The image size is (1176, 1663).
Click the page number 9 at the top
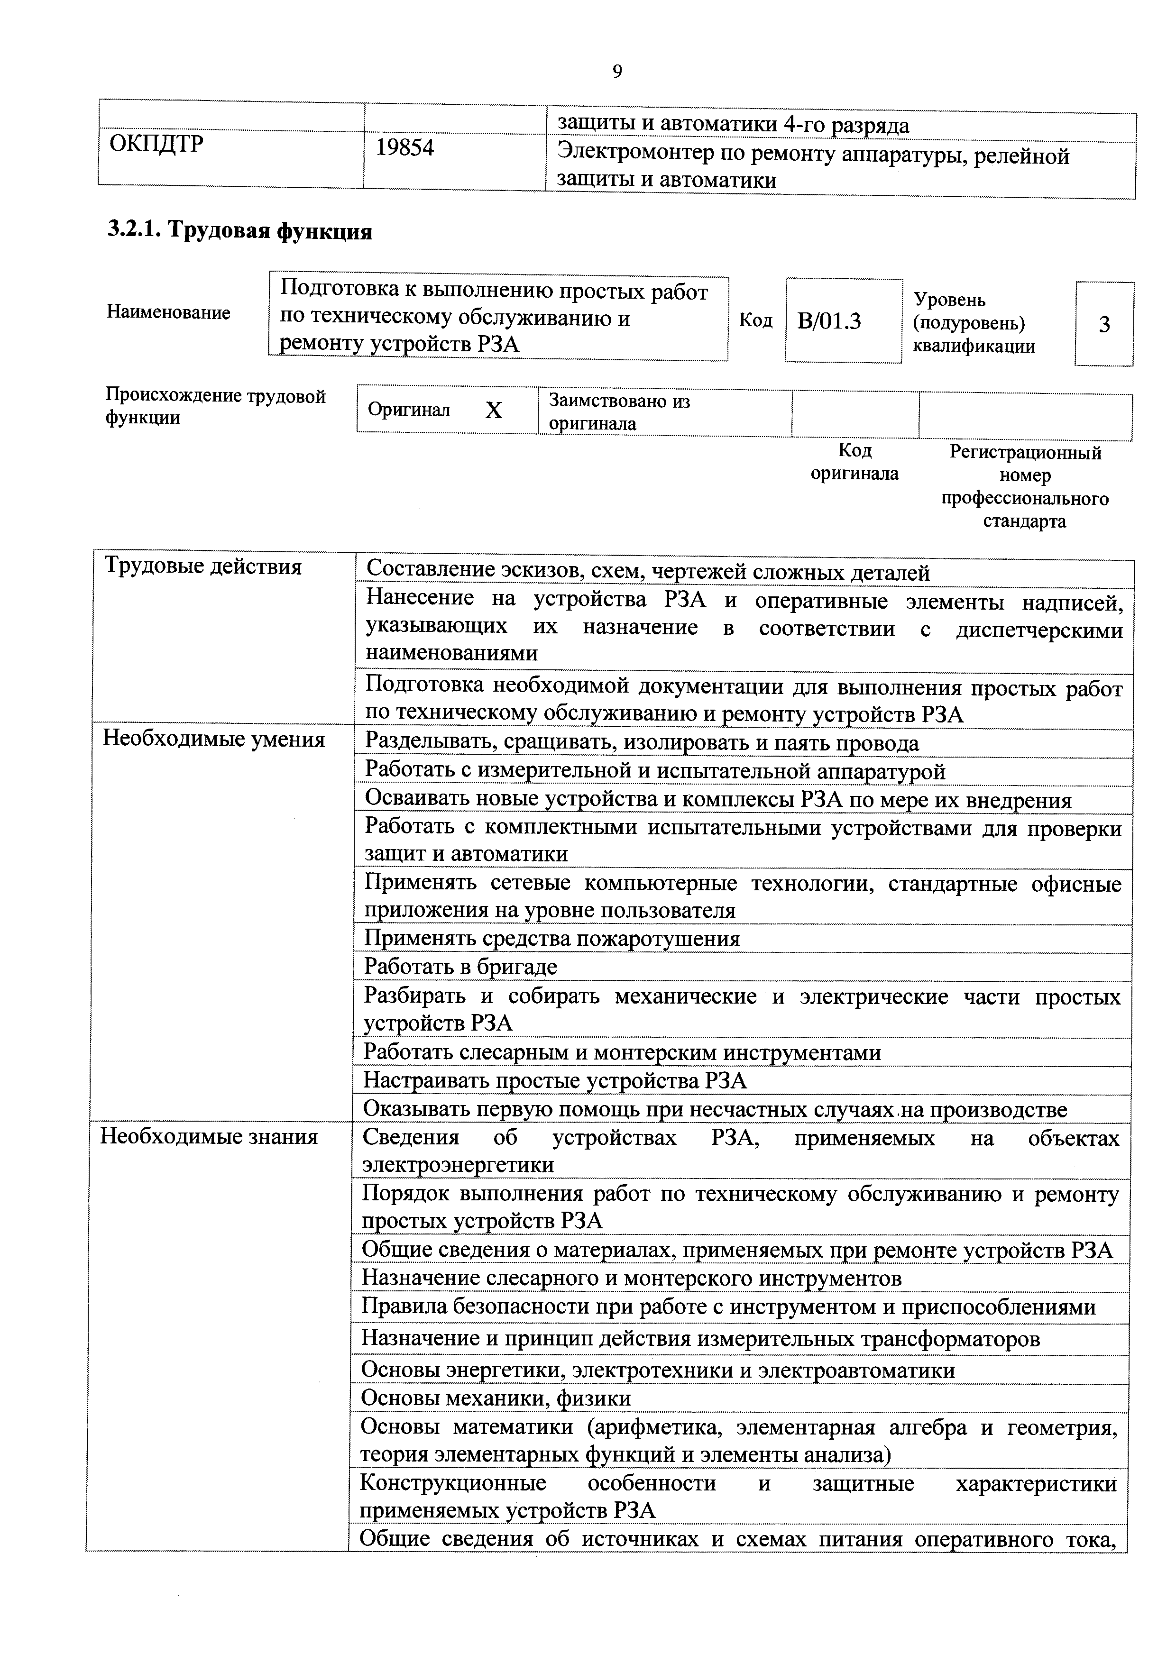tap(616, 71)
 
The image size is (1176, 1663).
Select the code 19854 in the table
tap(405, 148)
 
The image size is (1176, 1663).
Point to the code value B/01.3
tap(829, 321)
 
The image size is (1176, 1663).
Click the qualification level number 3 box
tap(1104, 324)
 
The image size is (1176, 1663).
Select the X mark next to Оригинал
tap(494, 411)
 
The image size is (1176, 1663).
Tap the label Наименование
tap(168, 312)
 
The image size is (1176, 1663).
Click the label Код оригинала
tap(854, 462)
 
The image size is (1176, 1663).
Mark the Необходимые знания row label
tap(210, 1136)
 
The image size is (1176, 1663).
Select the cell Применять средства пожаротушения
tap(552, 939)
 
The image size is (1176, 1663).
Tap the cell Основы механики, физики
tap(496, 1398)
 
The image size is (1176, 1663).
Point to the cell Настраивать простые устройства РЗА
tap(555, 1081)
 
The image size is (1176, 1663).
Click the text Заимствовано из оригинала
tap(619, 412)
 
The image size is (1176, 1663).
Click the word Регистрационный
tap(1025, 453)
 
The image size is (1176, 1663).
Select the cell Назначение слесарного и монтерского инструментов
tap(631, 1279)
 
